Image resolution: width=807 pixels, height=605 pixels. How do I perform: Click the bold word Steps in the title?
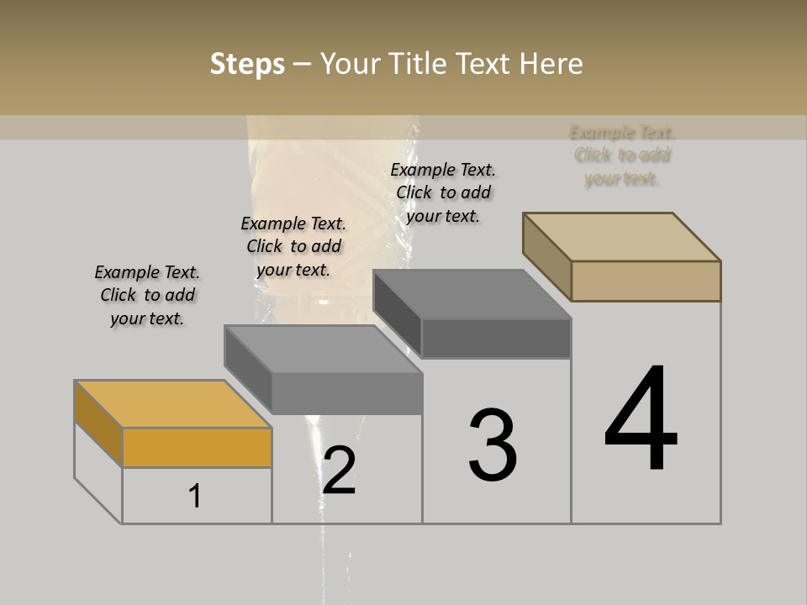247,64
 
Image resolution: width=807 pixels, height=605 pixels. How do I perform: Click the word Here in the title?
549,64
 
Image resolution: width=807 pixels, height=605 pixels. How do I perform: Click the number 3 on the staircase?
493,445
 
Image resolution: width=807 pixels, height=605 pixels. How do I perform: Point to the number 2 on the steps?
339,471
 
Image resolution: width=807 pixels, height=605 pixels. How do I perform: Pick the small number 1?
195,497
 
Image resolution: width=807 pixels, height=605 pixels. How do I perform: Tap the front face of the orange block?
197,447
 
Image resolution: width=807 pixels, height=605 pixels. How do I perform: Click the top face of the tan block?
622,236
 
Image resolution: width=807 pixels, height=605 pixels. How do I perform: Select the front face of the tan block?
646,281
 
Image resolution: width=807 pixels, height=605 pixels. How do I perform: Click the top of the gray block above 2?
323,349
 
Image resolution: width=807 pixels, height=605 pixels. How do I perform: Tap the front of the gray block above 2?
346,393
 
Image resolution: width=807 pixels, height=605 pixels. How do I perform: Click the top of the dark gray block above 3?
472,294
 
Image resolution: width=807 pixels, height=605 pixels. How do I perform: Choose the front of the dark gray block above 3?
496,339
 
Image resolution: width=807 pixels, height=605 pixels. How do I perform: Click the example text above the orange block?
147,295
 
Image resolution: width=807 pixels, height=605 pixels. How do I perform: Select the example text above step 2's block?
293,246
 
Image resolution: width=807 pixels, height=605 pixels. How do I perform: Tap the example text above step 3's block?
443,192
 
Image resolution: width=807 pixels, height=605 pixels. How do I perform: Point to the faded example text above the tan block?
622,155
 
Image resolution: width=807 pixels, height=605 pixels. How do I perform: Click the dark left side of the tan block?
546,256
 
